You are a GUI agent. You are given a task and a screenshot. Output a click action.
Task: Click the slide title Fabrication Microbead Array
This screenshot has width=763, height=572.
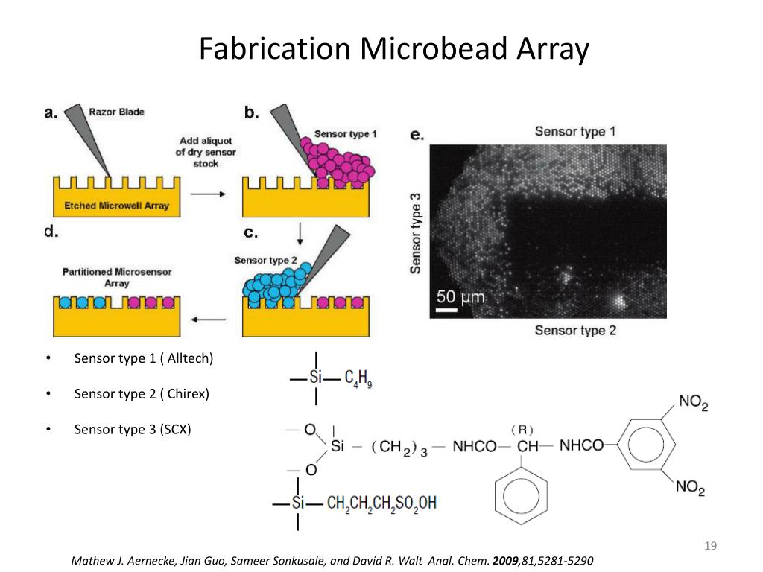click(393, 49)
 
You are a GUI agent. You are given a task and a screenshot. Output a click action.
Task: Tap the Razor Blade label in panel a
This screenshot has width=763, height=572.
click(116, 112)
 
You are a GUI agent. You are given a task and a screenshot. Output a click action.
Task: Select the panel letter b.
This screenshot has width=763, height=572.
click(252, 112)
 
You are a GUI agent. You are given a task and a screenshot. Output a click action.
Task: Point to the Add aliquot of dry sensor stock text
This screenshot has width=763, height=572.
click(206, 151)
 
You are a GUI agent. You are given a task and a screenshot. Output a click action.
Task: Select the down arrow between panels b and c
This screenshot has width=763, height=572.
click(300, 234)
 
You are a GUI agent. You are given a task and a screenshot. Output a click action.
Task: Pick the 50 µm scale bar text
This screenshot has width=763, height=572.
click(460, 298)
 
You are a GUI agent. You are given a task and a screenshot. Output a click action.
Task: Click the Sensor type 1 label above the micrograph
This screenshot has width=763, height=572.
click(575, 132)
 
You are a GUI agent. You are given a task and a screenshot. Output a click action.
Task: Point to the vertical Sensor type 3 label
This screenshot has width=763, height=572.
click(416, 232)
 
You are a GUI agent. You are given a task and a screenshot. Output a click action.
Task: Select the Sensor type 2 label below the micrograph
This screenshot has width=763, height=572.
click(575, 330)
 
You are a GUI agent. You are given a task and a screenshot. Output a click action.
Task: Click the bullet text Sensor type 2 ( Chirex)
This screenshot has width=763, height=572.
click(142, 394)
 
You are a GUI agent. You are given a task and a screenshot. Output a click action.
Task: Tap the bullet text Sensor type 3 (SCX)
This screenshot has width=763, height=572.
click(133, 430)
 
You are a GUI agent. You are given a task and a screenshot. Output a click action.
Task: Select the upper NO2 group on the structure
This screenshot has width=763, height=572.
click(693, 403)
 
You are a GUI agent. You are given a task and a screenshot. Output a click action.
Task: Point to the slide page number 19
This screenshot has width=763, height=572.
click(710, 547)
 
